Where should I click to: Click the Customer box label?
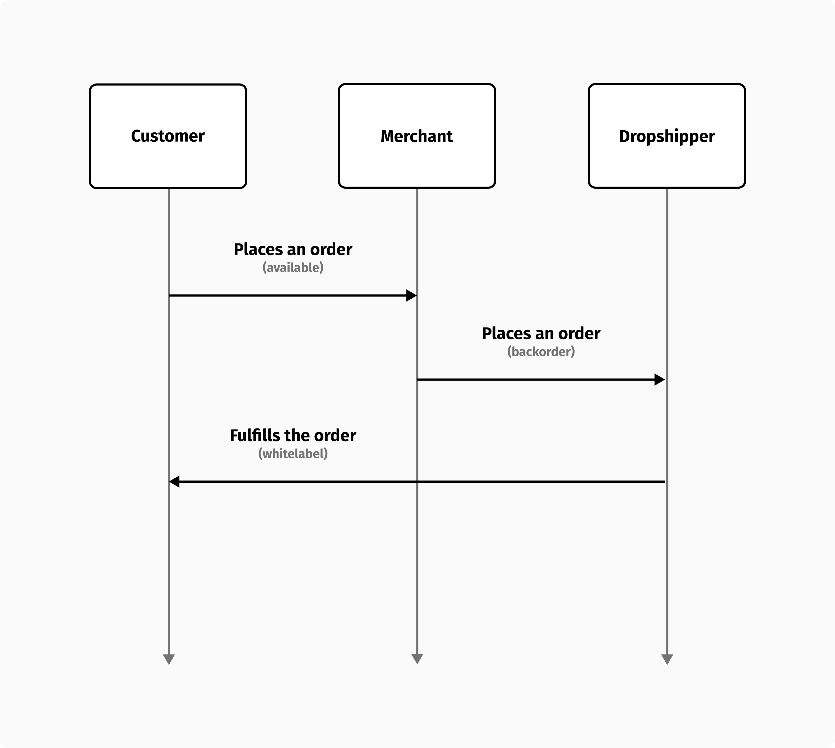(x=168, y=136)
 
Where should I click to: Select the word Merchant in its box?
(x=417, y=136)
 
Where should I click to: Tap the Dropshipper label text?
(x=666, y=136)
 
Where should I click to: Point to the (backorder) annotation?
(x=541, y=351)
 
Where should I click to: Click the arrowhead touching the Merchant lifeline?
(x=411, y=295)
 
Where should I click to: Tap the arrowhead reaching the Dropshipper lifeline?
(x=660, y=379)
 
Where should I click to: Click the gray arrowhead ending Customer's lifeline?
(x=169, y=659)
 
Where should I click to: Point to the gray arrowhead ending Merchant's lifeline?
(x=417, y=658)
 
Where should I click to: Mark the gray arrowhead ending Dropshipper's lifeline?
(x=667, y=659)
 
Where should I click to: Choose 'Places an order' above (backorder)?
(x=541, y=333)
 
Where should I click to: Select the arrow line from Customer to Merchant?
(x=288, y=295)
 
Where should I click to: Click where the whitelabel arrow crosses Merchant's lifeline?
(x=417, y=481)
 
